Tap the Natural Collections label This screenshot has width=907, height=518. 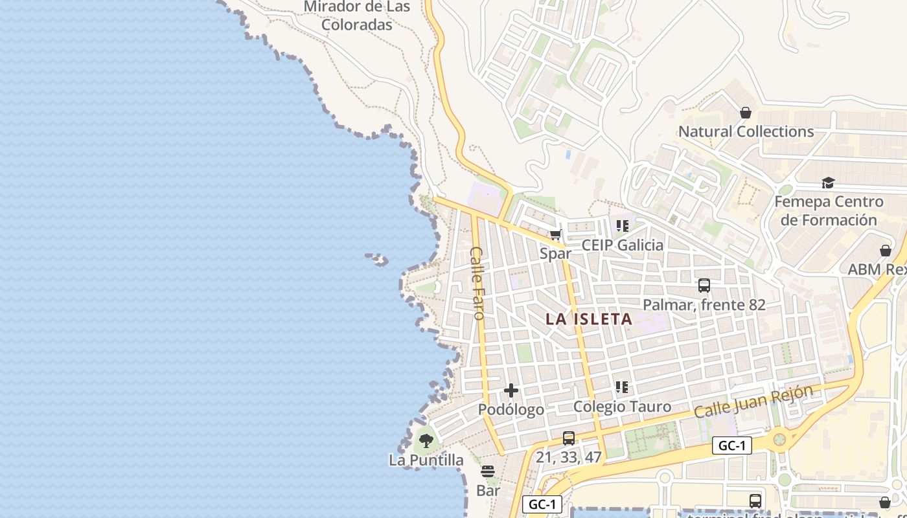pyautogui.click(x=746, y=131)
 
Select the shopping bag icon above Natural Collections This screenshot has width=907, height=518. pyautogui.click(x=746, y=113)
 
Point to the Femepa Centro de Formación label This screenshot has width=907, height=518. pyautogui.click(x=829, y=210)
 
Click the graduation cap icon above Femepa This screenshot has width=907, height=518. pyautogui.click(x=828, y=183)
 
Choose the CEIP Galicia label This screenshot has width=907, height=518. pyautogui.click(x=623, y=245)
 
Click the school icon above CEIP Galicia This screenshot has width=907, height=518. pyautogui.click(x=623, y=226)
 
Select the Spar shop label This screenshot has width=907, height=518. pyautogui.click(x=555, y=254)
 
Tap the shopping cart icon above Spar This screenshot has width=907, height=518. pyautogui.click(x=555, y=235)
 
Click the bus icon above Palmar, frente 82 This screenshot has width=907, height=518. pyautogui.click(x=704, y=286)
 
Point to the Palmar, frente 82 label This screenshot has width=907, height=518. pyautogui.click(x=704, y=304)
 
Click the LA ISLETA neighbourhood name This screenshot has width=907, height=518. pyautogui.click(x=589, y=319)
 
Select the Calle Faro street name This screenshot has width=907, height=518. pyautogui.click(x=477, y=283)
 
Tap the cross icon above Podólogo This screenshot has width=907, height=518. pyautogui.click(x=511, y=390)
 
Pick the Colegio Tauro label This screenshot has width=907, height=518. pyautogui.click(x=622, y=407)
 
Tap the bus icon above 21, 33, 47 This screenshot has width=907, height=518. pyautogui.click(x=569, y=438)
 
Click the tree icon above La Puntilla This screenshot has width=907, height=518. pyautogui.click(x=426, y=441)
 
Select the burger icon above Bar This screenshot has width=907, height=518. pyautogui.click(x=488, y=471)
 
